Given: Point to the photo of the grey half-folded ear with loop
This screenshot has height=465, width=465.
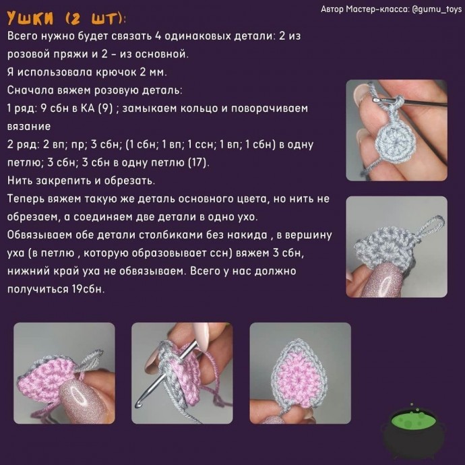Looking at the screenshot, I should pos(396,246).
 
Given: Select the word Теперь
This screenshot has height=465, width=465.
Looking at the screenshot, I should pos(29,198).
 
